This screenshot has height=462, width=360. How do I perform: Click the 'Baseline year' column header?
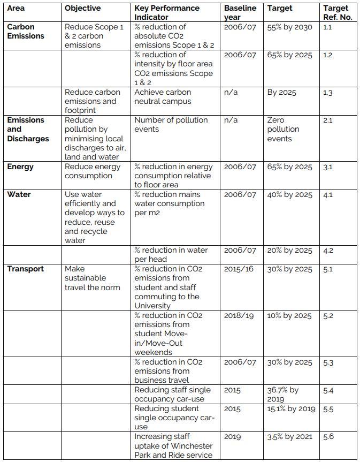click(x=240, y=13)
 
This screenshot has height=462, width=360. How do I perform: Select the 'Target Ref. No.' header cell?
click(x=335, y=13)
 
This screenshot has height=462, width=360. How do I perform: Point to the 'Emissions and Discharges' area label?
click(x=28, y=129)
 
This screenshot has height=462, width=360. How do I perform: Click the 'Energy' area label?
click(x=20, y=166)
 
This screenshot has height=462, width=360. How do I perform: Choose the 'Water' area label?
click(x=19, y=194)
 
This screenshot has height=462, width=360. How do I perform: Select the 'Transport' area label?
click(x=26, y=269)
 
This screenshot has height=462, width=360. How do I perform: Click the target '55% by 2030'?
click(x=289, y=27)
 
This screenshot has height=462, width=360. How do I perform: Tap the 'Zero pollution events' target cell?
click(x=283, y=129)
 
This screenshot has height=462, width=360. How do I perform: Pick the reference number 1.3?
click(x=328, y=93)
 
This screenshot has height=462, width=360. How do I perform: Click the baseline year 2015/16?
click(x=239, y=269)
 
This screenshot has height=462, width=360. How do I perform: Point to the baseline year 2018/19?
click(x=239, y=315)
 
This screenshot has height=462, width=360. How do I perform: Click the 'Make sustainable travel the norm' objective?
click(x=92, y=278)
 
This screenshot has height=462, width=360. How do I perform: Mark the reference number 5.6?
click(x=328, y=436)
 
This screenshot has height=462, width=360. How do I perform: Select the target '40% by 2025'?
click(x=289, y=194)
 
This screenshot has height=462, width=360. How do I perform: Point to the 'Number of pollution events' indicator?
click(x=171, y=124)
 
